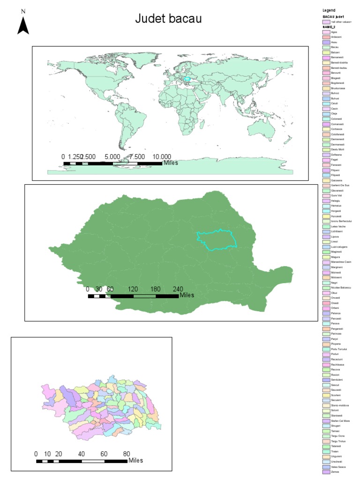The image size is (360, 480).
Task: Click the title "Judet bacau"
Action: tap(168, 19)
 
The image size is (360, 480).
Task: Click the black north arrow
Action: tap(23, 26)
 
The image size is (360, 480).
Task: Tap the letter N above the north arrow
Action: tap(23, 11)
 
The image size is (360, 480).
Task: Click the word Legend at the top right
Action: tap(329, 10)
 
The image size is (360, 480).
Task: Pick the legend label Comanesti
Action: tap(337, 124)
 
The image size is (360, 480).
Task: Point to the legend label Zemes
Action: tap(335, 472)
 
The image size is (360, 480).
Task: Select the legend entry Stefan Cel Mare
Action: tap(340, 420)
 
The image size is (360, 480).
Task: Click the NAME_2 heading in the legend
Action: tap(329, 27)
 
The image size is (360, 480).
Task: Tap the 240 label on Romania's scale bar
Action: tap(178, 289)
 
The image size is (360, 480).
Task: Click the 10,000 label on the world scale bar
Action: tap(162, 157)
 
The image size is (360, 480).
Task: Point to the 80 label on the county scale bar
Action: tap(127, 454)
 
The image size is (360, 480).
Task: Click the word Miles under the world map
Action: tap(170, 163)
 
